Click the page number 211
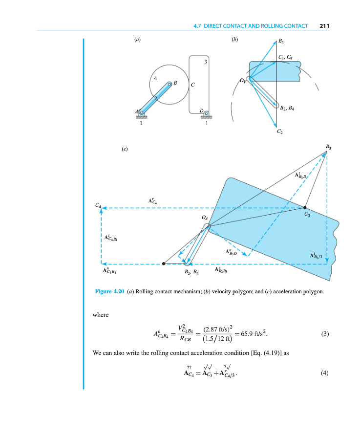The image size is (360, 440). click(x=323, y=25)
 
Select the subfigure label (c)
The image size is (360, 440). click(x=125, y=149)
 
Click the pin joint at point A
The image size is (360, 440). click(x=142, y=112)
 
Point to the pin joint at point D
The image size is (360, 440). click(x=206, y=114)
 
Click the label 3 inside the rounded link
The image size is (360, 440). click(x=206, y=62)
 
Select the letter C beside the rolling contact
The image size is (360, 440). click(x=193, y=85)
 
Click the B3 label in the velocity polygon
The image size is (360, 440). click(x=282, y=42)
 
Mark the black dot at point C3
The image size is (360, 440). click(x=305, y=207)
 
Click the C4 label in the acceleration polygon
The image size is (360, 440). click(x=98, y=206)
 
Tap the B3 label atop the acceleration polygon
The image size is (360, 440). click(x=327, y=147)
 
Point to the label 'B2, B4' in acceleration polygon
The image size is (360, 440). click(x=191, y=271)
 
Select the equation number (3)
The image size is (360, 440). click(x=324, y=334)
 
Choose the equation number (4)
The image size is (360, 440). click(x=324, y=374)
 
